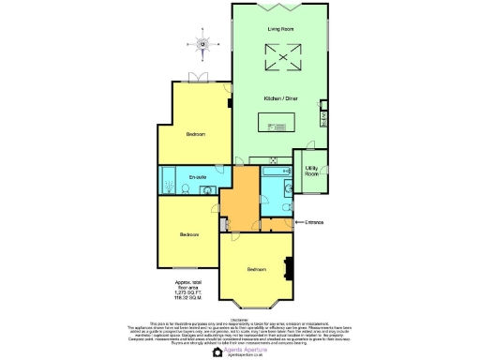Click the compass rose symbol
point(201,42)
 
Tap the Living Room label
point(280,31)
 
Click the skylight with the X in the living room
point(280,62)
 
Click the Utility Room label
point(311,172)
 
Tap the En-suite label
point(197,177)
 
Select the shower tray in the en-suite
point(168,178)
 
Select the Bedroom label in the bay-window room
point(256,269)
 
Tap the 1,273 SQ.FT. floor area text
point(189,292)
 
